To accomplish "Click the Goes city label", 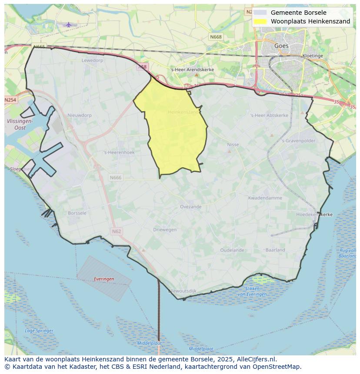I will pyautogui.click(x=281, y=46).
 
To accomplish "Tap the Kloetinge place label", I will pyautogui.click(x=313, y=56).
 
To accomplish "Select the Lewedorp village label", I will pyautogui.click(x=92, y=60).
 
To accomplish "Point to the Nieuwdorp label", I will pyautogui.click(x=80, y=116).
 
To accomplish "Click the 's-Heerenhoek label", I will pyautogui.click(x=119, y=152).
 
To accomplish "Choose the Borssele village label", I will pyautogui.click(x=77, y=213).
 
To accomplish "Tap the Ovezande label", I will pyautogui.click(x=190, y=207).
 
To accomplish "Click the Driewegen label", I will pyautogui.click(x=165, y=229).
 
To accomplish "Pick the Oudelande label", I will pyautogui.click(x=232, y=250).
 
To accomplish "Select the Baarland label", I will pyautogui.click(x=275, y=250).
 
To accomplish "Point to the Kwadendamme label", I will pyautogui.click(x=265, y=198).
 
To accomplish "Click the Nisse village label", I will pyautogui.click(x=233, y=145).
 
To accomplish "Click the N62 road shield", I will pyautogui.click(x=116, y=231).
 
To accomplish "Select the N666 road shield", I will pyautogui.click(x=116, y=177).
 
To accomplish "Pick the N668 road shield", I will pyautogui.click(x=215, y=37).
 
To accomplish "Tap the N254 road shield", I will pyautogui.click(x=10, y=100).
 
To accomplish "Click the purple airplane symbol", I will pyautogui.click(x=68, y=25).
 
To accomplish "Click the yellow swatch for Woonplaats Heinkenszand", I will pyautogui.click(x=260, y=21).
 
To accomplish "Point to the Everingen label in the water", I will pyautogui.click(x=104, y=279).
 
